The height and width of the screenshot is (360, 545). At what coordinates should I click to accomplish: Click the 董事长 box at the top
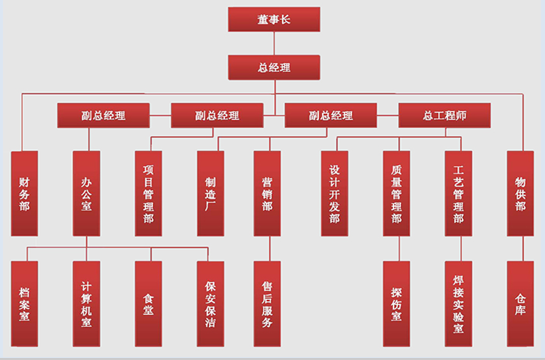[274, 19]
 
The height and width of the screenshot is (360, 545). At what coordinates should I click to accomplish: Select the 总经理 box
[274, 67]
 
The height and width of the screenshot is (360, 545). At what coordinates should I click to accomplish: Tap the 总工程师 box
[445, 115]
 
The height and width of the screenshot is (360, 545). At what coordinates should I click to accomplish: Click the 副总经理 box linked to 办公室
[103, 115]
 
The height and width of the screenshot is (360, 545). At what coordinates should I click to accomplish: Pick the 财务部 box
[24, 193]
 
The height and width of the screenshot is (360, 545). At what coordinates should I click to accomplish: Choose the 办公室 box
[86, 193]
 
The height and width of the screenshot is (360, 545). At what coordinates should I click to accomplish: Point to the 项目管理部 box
[149, 193]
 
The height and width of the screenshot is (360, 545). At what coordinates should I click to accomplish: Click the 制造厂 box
[210, 193]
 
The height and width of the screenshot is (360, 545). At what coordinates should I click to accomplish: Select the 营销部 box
[267, 193]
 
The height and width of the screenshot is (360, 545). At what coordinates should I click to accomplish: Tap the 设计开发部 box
[335, 193]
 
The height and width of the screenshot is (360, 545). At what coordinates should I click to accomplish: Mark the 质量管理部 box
[396, 193]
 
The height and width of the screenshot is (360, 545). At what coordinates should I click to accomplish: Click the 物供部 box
[520, 193]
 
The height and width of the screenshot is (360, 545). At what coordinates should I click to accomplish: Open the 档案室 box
[24, 304]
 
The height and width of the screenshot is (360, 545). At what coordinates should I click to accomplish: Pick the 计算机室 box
[86, 304]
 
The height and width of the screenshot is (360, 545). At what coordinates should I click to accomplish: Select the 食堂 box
[149, 304]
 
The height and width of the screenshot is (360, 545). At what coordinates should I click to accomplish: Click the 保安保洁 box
[210, 304]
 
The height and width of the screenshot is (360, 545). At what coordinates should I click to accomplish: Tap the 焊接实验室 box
[458, 304]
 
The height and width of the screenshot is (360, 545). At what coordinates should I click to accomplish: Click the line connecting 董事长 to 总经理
[274, 43]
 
